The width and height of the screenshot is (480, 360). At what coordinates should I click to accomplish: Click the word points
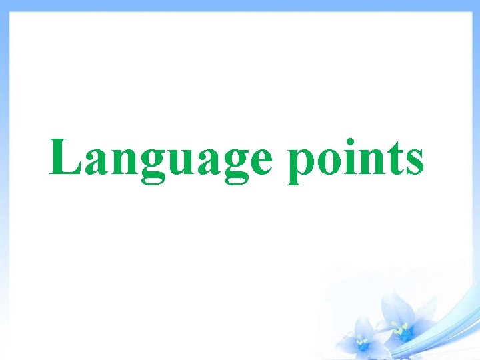coord(355,160)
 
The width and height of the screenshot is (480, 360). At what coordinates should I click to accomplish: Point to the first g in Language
coord(148,167)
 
